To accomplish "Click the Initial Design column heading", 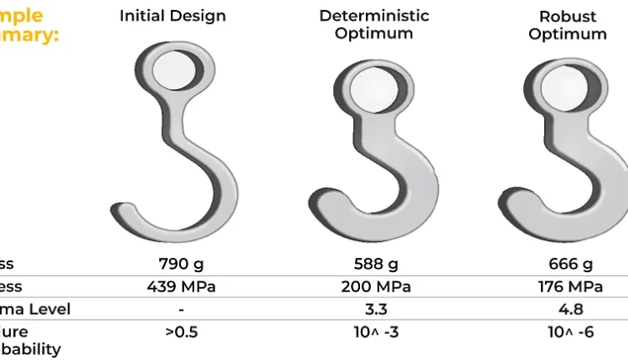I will [172, 16].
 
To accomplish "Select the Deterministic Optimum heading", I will [374, 25].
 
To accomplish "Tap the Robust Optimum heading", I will [568, 25].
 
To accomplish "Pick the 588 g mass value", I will [376, 265].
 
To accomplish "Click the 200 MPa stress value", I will [376, 287].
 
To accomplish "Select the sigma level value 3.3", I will [376, 310].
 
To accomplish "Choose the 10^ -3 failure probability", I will [376, 332].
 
